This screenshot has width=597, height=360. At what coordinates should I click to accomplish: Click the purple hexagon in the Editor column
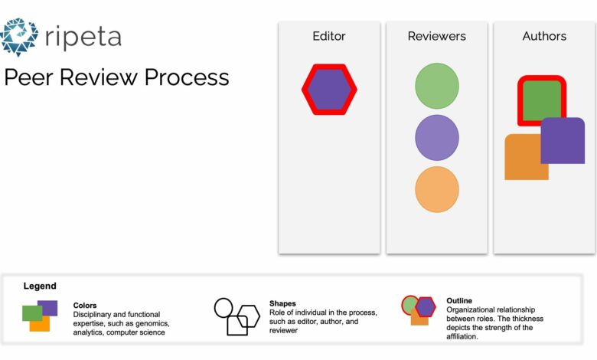click(x=329, y=90)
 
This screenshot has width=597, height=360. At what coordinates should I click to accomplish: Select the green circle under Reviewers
click(x=437, y=86)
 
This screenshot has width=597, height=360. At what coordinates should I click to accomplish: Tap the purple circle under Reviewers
click(x=437, y=138)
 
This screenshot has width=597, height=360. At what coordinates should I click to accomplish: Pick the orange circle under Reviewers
click(x=437, y=189)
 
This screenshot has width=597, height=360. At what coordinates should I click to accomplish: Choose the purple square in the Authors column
click(x=563, y=141)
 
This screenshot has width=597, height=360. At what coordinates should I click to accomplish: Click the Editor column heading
click(x=329, y=36)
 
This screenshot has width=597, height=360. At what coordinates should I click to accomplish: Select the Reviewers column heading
click(x=437, y=36)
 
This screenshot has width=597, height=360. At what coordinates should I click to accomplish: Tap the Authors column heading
click(x=544, y=36)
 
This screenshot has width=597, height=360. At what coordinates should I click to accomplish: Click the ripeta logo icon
click(x=19, y=37)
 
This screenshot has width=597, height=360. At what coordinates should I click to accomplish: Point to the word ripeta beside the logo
click(x=83, y=38)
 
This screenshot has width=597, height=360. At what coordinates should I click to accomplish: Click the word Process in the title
click(x=187, y=77)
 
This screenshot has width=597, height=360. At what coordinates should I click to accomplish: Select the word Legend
click(x=40, y=286)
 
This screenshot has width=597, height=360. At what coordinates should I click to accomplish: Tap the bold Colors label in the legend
click(x=84, y=305)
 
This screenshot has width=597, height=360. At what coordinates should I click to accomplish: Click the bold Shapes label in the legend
click(x=282, y=303)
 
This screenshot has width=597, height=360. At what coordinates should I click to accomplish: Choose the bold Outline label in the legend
click(x=459, y=300)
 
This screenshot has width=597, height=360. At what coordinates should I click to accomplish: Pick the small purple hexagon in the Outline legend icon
click(x=426, y=306)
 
